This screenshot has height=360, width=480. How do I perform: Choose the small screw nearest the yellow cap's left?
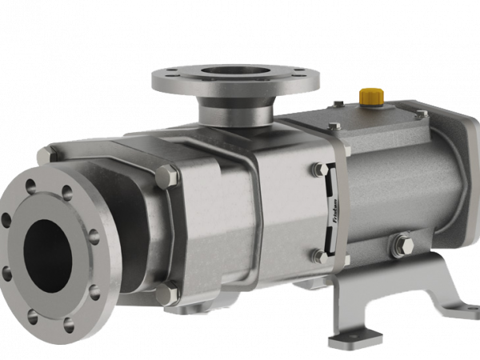(337, 104)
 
